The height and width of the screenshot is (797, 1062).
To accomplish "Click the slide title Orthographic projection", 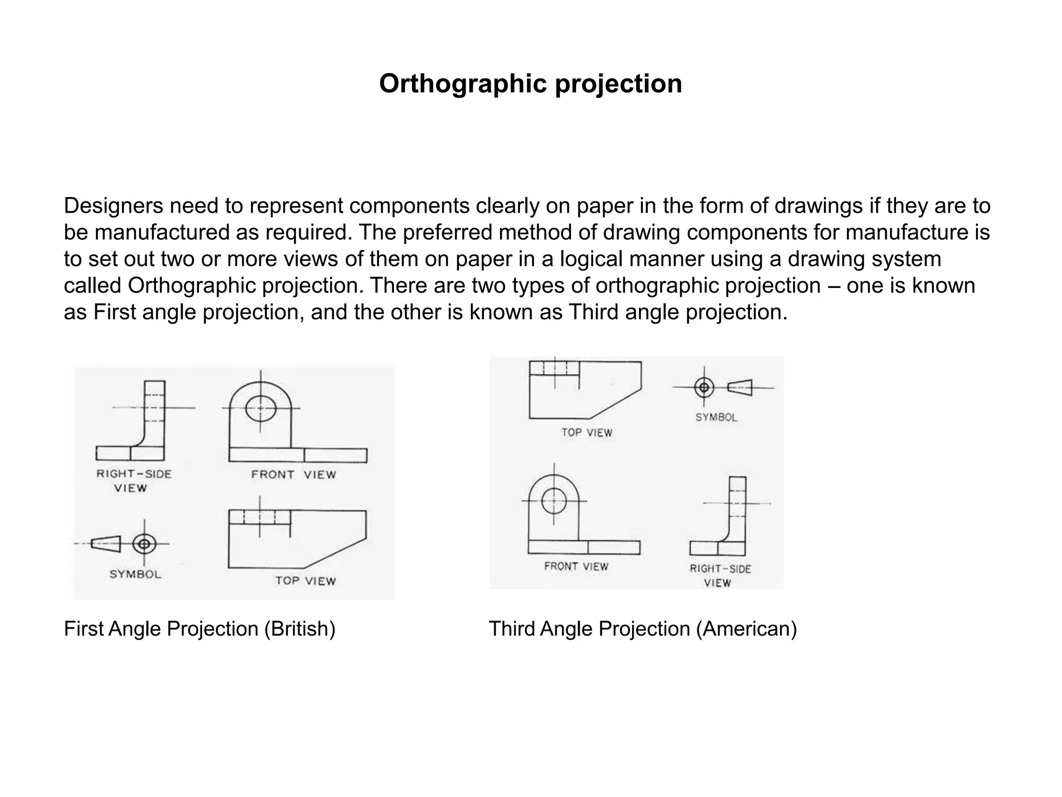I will pos(530,84).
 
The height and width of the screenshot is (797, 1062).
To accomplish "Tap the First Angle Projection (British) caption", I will pos(200,629).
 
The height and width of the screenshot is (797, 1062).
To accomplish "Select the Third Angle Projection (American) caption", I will pos(642,629).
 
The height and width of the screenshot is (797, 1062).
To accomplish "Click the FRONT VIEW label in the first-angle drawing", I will pos(294,474).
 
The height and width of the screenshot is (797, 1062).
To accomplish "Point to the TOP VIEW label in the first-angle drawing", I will pos(305,581).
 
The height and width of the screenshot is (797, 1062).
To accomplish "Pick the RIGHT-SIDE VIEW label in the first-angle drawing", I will pos(133,480).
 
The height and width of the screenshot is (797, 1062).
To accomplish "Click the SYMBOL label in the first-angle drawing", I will pos(135,574).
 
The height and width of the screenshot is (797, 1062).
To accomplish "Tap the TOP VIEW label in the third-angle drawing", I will pos(586,433).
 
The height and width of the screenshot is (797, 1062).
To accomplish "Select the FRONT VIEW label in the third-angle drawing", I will pos(576,567).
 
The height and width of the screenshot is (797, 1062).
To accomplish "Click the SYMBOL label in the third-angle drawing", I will pos(716,417).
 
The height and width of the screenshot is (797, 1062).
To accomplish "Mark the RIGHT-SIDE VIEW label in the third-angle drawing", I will pos(720,575).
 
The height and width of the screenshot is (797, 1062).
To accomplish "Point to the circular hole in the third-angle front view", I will pos(554,501).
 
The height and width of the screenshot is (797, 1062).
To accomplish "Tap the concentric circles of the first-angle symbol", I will pos(144,544).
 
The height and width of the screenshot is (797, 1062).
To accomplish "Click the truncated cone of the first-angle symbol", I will pos(106,544).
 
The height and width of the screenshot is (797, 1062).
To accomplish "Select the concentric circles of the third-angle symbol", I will pos(704,387).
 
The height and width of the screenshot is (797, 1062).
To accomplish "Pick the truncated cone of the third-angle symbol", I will pos(740,388).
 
